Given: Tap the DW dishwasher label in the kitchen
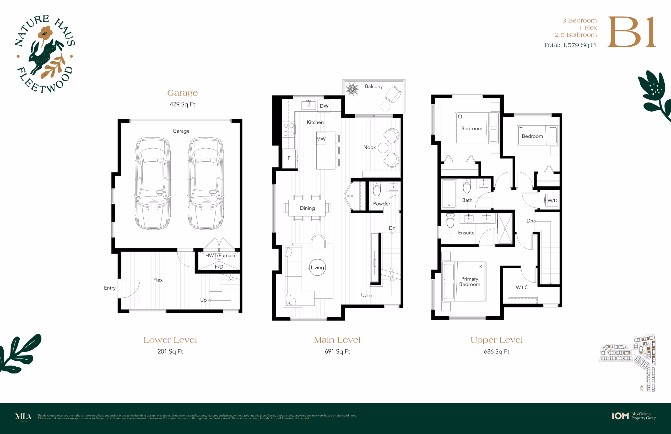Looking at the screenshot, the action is point(324,106).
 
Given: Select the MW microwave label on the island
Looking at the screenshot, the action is point(321,139).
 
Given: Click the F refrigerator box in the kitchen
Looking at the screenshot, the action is point(289,158).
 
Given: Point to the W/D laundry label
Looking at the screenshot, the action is point(552,201).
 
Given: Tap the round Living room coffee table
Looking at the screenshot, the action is point(317,267).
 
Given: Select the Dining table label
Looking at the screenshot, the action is point(307,208).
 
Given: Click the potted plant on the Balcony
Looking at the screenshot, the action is point(352,89).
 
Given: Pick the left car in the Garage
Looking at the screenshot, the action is point(153,183).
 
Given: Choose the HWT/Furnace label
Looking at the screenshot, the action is point(221,256).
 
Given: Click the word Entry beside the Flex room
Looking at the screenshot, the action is point(110,288).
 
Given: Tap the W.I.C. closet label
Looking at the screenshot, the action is point(522,287).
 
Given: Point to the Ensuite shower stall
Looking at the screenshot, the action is point(505,229).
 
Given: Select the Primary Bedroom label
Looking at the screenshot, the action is point(469,281).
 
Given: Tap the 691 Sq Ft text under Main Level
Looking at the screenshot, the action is point(337,351).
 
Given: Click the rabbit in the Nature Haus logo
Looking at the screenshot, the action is point(45,56).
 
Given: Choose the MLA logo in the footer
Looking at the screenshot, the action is point(23,416).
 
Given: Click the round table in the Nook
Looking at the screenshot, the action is point(383,148).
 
